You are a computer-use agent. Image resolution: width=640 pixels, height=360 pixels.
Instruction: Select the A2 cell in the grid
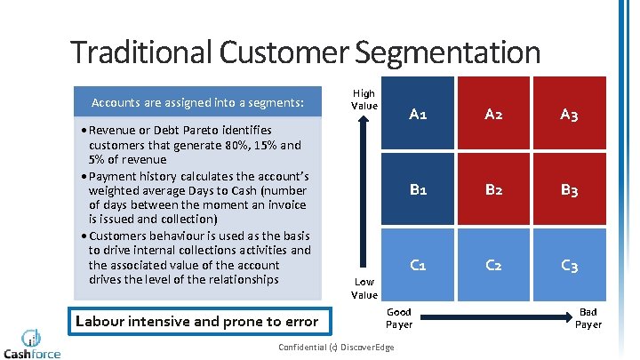point(493,114)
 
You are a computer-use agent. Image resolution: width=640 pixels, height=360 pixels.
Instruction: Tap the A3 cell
point(569,114)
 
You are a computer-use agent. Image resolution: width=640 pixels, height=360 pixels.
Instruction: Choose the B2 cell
point(493,189)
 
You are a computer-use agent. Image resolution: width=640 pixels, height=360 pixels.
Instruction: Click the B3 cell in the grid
point(569,189)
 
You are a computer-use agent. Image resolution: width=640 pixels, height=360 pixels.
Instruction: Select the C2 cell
point(493,265)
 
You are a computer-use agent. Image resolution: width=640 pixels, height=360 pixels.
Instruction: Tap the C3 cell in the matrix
point(569,265)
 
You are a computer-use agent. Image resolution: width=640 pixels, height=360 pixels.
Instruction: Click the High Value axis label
point(364,100)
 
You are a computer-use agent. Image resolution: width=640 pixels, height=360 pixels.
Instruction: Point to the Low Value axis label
point(364,288)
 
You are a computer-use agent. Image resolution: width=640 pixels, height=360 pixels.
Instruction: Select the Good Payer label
point(399,318)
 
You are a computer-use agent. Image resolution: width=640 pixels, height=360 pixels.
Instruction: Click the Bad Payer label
point(588,318)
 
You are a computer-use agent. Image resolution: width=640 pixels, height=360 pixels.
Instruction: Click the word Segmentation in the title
point(446,52)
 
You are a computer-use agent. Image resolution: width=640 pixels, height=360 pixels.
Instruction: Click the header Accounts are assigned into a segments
point(197,103)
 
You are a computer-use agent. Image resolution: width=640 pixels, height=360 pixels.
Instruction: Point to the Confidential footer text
point(335,347)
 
